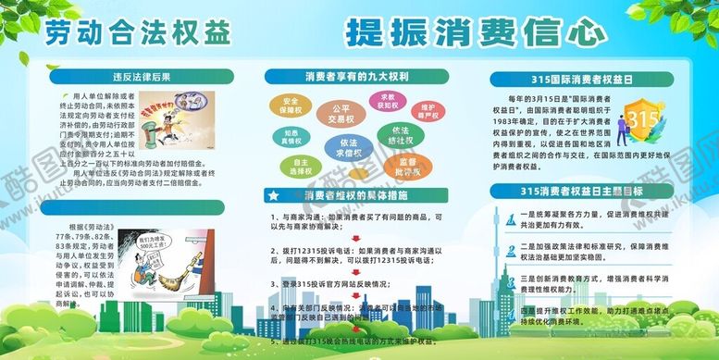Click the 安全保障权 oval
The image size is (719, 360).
point(290,105)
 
